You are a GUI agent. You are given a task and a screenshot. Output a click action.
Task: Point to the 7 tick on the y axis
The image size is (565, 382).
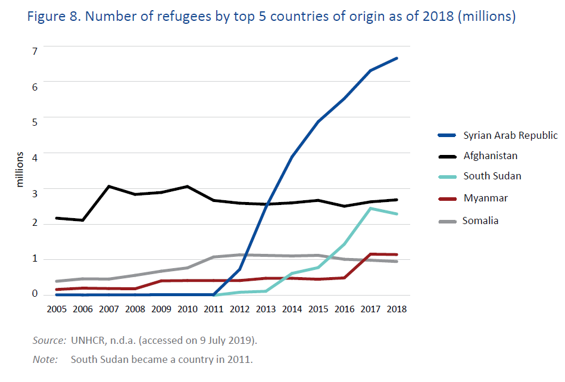click(x=35, y=52)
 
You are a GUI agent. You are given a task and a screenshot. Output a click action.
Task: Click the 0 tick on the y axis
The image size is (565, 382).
click(x=35, y=294)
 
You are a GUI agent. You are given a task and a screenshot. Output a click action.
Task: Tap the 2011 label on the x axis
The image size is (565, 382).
click(x=214, y=309)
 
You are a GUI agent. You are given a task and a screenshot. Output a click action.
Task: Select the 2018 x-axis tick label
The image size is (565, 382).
click(x=397, y=309)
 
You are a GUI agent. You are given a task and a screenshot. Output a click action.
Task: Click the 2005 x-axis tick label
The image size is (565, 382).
click(x=57, y=309)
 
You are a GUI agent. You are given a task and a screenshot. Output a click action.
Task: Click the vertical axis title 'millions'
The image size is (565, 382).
click(x=20, y=169)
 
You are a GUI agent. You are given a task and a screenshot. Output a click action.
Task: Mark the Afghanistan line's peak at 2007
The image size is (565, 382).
click(x=109, y=186)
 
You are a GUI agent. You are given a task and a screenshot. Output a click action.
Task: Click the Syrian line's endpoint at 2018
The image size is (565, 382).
click(x=397, y=58)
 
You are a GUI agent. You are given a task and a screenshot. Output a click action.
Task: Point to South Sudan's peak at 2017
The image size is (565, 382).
click(x=370, y=209)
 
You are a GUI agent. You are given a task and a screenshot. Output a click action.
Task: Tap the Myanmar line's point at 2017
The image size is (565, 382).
click(x=370, y=254)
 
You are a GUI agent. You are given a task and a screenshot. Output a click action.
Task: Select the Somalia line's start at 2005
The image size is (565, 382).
click(x=57, y=281)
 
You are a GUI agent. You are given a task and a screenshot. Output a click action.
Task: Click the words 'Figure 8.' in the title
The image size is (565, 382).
click(x=54, y=17)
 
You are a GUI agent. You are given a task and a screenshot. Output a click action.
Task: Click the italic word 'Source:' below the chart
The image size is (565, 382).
click(x=49, y=340)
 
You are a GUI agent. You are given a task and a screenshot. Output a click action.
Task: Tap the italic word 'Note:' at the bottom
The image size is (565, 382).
click(x=45, y=359)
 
